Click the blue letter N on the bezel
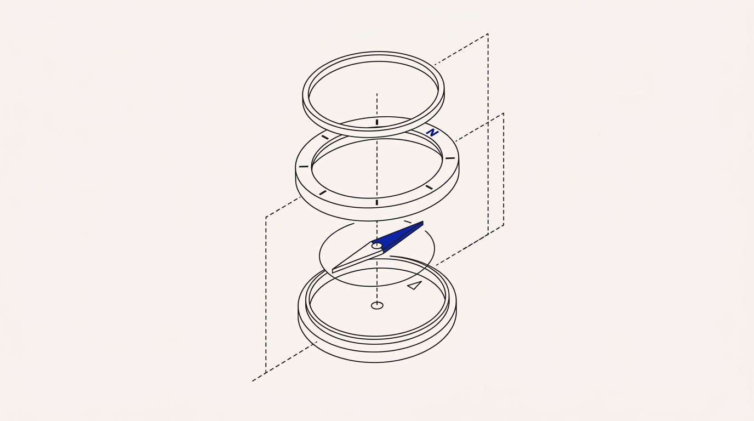432,133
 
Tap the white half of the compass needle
357,257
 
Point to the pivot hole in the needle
376,246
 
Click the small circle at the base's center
377,305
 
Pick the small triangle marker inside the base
415,286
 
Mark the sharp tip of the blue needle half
423,223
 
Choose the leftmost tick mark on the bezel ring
304,167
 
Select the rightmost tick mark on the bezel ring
450,158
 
